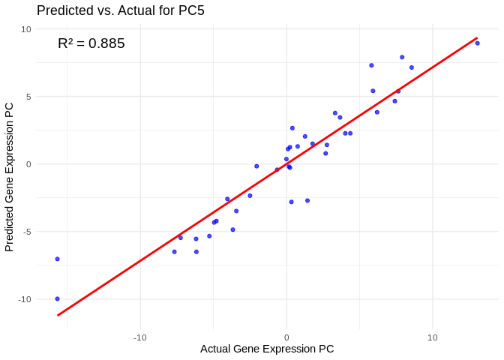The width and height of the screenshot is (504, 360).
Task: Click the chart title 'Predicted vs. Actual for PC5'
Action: coord(120,10)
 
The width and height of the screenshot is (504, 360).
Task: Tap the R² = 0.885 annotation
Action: coord(91,43)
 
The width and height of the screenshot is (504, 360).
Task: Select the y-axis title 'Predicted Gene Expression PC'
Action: coord(10,177)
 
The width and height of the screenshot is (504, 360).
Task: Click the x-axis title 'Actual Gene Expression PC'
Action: coord(267,349)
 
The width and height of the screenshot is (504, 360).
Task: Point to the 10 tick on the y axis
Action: coord(26,29)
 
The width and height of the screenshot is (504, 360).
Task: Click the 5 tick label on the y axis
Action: coord(28,97)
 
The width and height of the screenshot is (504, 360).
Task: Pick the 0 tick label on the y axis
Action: coord(28,164)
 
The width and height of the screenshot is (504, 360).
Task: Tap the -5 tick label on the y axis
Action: coord(26,232)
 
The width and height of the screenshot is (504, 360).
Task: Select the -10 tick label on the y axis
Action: coord(24,299)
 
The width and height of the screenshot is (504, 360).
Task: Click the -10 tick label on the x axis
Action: coord(139,337)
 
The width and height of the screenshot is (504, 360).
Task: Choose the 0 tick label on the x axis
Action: coord(286,337)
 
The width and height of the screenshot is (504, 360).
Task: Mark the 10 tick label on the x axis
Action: coord(432,337)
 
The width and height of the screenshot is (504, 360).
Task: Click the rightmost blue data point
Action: coord(477,43)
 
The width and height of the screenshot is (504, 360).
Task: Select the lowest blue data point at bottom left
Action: coord(57,298)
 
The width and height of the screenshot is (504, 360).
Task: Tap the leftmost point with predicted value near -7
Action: coord(57,259)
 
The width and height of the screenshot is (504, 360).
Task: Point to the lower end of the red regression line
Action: coord(58,315)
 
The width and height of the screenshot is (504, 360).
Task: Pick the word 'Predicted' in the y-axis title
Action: coord(10,226)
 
